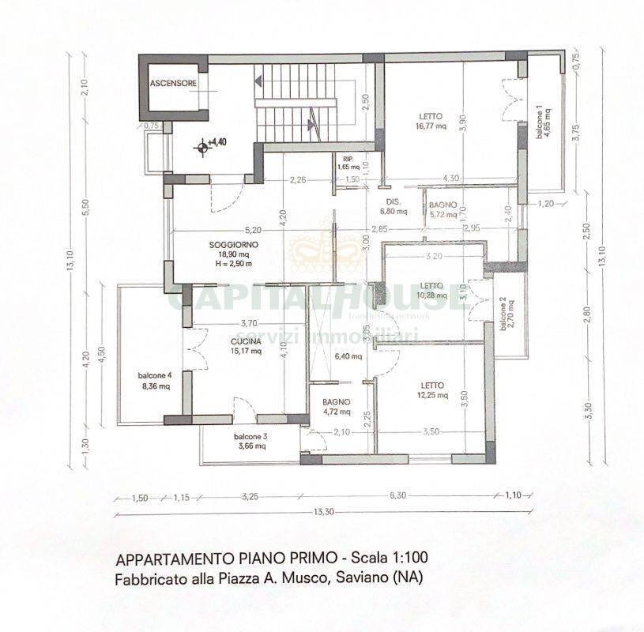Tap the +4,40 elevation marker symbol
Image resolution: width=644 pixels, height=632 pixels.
(205, 145)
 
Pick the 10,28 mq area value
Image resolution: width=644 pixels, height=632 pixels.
(431, 295)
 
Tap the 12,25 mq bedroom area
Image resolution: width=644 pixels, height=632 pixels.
(431, 395)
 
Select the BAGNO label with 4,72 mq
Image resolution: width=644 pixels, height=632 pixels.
(336, 401)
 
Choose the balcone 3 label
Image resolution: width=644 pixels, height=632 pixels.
(250, 438)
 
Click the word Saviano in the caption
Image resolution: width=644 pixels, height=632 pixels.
(361, 578)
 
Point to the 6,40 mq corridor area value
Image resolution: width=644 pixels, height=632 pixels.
(345, 356)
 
